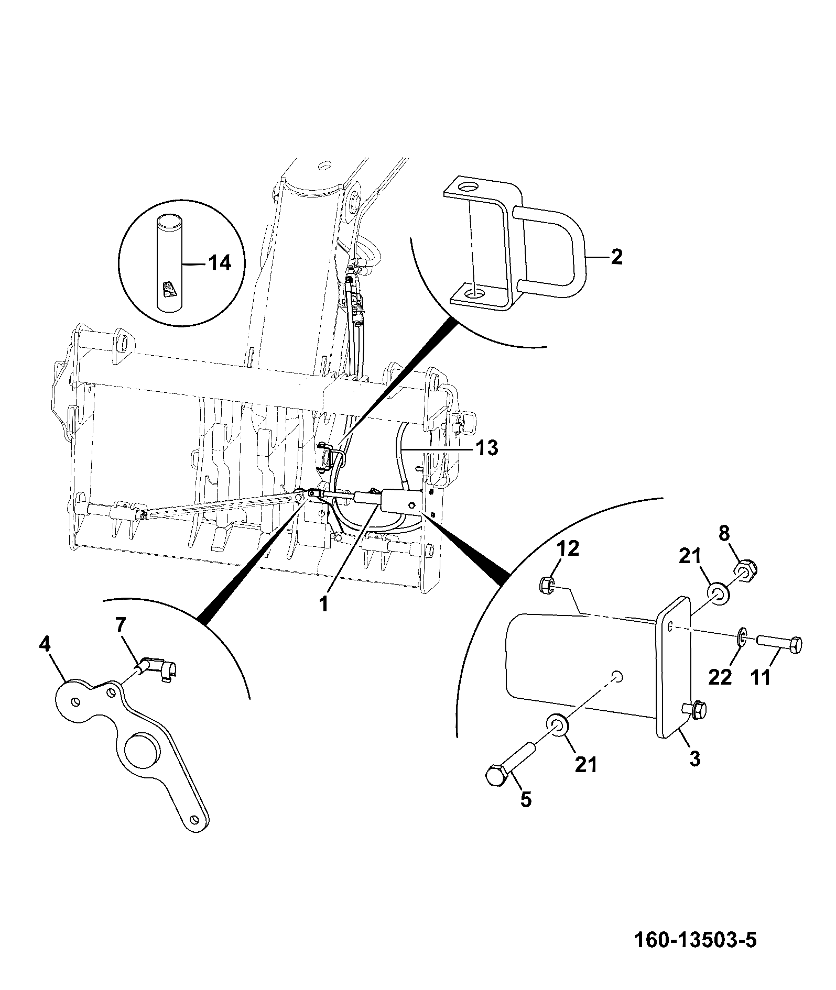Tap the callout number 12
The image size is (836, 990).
click(x=567, y=548)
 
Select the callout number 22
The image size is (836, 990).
click(x=720, y=677)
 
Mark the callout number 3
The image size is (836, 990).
click(x=694, y=758)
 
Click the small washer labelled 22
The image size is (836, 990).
click(x=742, y=636)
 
